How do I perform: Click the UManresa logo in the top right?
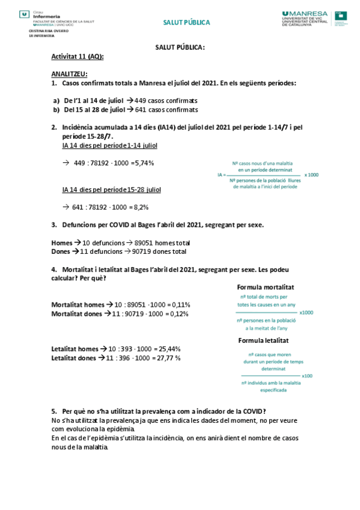coord(305,17)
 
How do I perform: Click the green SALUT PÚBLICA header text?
coord(187,23)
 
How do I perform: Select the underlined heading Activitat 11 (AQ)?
coord(78,57)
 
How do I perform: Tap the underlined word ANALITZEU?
coord(69,74)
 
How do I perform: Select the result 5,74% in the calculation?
coord(145,163)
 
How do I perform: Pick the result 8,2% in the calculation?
coord(141,207)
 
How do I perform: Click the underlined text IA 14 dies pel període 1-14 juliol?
coord(110,146)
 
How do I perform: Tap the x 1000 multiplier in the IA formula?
coord(311,175)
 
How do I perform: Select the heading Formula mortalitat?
coord(266,287)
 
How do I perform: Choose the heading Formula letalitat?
coord(264,340)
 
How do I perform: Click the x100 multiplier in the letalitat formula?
coord(308,376)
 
